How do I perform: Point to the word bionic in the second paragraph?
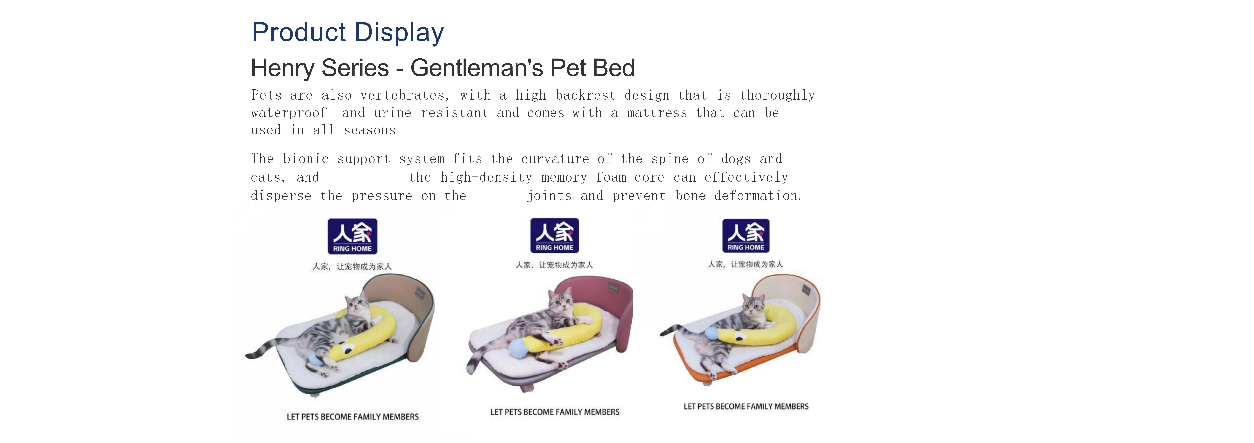306,159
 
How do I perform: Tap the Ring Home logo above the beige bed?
352,236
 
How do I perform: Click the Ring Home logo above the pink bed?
554,235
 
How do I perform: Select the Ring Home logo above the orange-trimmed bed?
746,235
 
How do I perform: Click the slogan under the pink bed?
555,412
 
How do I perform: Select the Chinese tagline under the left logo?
352,266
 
